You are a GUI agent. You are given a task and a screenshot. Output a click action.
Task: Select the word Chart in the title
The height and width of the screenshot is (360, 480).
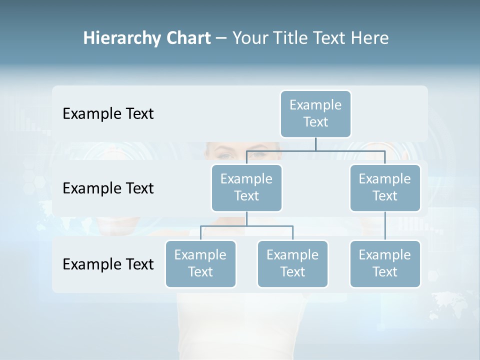point(188,38)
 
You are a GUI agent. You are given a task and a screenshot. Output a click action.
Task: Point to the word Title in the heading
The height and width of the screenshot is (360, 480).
point(291,38)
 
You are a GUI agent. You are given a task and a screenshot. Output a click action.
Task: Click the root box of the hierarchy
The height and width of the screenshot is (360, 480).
point(315,113)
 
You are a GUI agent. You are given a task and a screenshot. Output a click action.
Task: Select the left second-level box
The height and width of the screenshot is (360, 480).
point(246,187)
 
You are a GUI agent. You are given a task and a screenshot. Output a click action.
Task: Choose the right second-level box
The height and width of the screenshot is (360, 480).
point(385,187)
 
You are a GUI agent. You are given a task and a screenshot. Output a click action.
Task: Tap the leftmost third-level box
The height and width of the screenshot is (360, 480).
point(200,263)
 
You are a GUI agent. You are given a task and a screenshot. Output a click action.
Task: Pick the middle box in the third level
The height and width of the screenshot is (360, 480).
point(292,263)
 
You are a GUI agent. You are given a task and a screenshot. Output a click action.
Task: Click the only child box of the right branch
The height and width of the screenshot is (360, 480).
point(385,263)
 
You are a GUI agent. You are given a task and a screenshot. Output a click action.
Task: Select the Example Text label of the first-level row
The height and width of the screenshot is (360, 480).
point(108,113)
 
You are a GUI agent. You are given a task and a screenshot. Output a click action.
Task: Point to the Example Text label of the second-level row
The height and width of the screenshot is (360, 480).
point(108,188)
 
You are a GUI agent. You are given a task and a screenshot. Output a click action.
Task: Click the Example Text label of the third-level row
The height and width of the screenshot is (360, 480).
point(108,264)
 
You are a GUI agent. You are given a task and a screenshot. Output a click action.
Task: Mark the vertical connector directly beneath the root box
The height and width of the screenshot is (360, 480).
point(315,144)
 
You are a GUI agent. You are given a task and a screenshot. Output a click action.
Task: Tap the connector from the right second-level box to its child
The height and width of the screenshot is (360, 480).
point(385,226)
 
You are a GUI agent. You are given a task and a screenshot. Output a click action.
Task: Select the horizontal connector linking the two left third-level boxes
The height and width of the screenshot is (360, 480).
point(246,226)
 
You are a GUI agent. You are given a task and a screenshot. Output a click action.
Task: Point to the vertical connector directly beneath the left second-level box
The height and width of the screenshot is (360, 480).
point(246,218)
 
